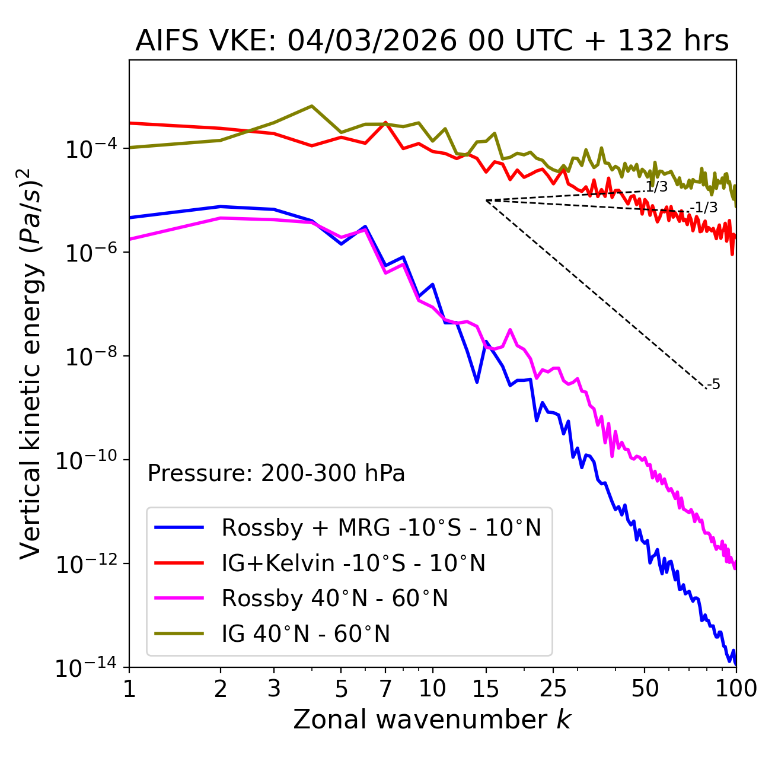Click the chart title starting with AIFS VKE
coord(432,42)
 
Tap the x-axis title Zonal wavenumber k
coord(432,720)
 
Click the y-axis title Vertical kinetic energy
coord(31,363)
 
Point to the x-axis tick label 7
coord(385,689)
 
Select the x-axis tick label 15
coord(486,689)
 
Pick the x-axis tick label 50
coord(645,689)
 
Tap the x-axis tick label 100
coord(735,689)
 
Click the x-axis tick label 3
coord(274,689)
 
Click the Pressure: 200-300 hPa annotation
coord(276,473)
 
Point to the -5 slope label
coord(714,385)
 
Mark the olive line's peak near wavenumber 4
coord(312,106)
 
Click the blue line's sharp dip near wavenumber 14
coord(477,382)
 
